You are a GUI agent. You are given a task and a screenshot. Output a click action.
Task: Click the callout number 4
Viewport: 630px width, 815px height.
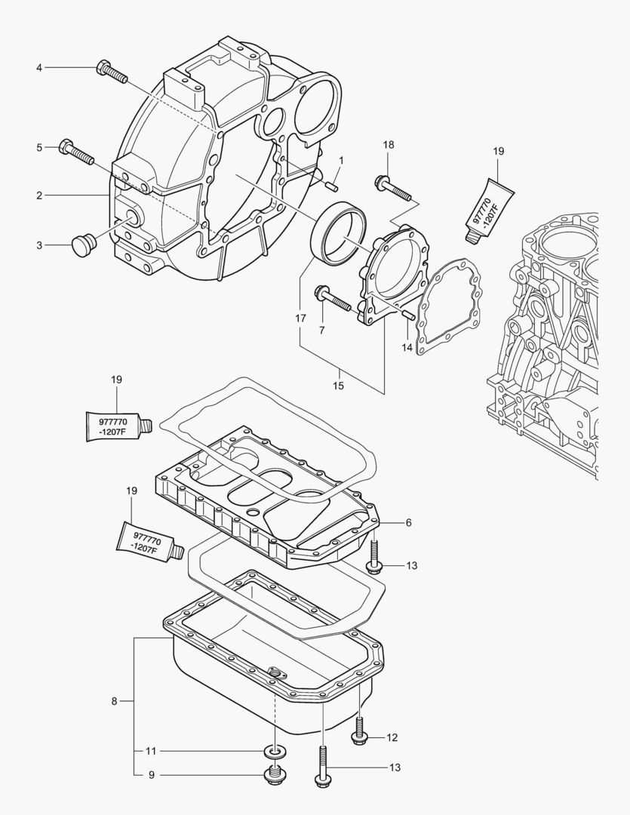click(x=38, y=68)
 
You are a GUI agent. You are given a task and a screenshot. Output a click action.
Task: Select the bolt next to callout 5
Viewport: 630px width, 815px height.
click(x=75, y=152)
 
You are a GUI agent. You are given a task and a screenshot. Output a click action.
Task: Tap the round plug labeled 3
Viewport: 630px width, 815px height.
click(x=83, y=244)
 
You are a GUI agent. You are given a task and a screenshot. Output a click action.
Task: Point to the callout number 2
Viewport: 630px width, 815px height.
click(x=38, y=195)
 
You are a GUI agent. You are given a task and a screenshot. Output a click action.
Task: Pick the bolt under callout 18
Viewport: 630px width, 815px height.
click(x=392, y=189)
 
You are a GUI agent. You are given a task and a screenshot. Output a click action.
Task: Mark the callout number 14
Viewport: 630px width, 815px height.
click(x=407, y=348)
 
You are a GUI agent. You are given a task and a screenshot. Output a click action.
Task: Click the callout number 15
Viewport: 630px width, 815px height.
click(x=339, y=385)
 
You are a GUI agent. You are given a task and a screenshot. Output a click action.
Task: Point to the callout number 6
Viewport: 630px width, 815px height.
click(x=408, y=521)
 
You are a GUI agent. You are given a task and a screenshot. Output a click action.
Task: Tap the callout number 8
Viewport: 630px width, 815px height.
click(x=114, y=701)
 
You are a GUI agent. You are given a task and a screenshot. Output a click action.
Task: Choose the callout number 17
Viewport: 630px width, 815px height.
click(x=300, y=319)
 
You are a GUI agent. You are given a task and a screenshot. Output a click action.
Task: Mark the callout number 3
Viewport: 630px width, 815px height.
click(x=38, y=244)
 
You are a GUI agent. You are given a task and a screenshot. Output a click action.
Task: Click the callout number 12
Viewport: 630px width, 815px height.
click(x=392, y=737)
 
